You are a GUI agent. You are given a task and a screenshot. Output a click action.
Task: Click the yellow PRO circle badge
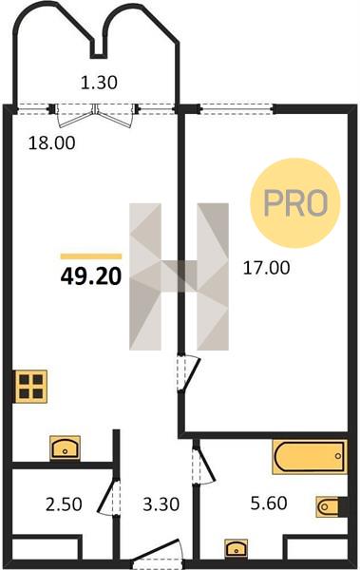[294, 203]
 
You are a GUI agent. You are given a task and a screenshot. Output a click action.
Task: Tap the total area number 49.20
[91, 276]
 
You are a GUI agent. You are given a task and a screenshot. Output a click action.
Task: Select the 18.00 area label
[52, 142]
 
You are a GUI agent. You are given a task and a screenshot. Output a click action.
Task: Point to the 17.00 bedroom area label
[267, 268]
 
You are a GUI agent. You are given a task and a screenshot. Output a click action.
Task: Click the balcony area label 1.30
[99, 83]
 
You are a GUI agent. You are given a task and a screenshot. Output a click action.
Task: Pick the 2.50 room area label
[64, 504]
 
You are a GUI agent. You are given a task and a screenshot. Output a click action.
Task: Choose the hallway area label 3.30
[161, 504]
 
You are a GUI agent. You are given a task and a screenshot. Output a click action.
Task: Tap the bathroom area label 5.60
[269, 503]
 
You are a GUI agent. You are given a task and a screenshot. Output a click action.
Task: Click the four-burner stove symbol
[31, 387]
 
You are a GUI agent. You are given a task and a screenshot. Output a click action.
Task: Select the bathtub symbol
[310, 457]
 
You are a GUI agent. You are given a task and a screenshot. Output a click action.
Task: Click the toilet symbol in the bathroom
[331, 506]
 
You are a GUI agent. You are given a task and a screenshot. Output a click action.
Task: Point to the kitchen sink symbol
[66, 447]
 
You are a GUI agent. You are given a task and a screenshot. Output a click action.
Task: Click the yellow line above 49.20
[91, 256]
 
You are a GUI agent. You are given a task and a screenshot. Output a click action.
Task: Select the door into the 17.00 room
[189, 373]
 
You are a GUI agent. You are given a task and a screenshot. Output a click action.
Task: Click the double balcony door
[95, 115]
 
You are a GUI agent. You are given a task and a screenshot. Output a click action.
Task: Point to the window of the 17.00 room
[237, 108]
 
